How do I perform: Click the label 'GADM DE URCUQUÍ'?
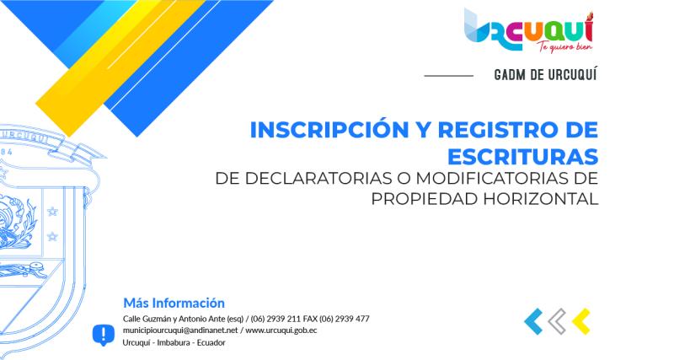[546, 75]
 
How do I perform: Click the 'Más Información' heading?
[174, 302]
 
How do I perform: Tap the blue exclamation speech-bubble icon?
[103, 335]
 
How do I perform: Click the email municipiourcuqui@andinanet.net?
[180, 330]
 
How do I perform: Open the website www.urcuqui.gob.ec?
[281, 330]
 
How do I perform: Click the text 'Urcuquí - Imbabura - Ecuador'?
[174, 342]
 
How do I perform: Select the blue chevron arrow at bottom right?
[533, 320]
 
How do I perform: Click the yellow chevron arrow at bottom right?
[580, 320]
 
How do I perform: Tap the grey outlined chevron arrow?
[557, 320]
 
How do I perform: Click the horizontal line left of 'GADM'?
[448, 75]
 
